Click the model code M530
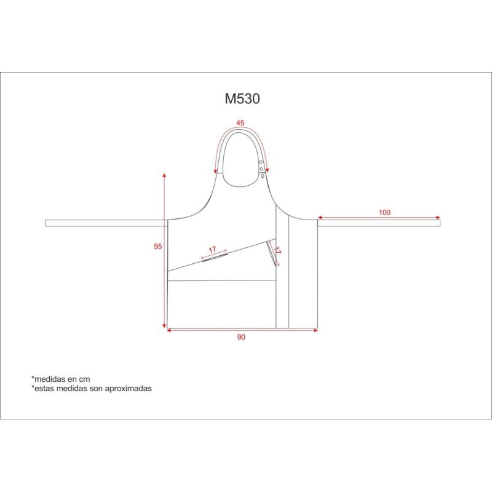(x=242, y=99)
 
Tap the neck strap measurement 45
(x=240, y=123)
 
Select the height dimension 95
(x=158, y=247)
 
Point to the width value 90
(x=241, y=337)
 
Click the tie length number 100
(x=384, y=212)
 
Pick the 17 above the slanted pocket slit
(x=213, y=250)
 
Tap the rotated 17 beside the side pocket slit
(x=277, y=250)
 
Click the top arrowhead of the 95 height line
(x=164, y=175)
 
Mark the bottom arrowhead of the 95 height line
(x=164, y=326)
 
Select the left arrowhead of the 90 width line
(x=169, y=330)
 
